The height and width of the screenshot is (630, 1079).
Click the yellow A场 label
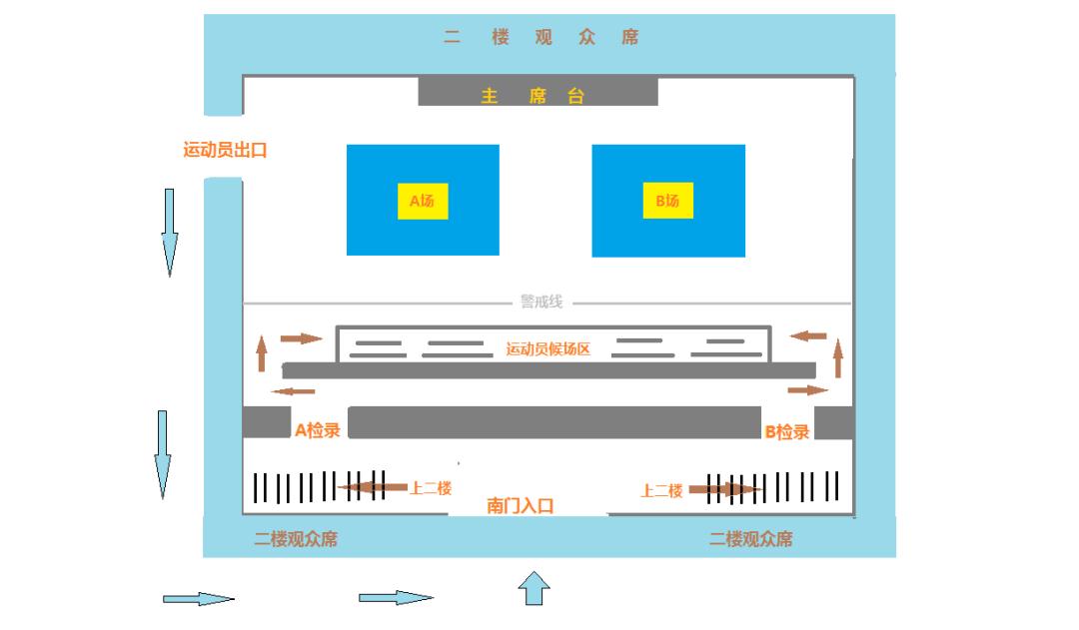(422, 201)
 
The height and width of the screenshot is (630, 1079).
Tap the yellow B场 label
(667, 201)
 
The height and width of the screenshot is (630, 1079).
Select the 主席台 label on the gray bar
(533, 97)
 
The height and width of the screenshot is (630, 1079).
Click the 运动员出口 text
(225, 151)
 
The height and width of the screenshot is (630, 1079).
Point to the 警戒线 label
(541, 302)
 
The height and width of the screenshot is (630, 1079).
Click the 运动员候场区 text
(548, 348)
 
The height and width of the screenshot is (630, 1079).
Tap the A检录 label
(318, 430)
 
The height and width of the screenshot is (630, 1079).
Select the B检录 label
(786, 431)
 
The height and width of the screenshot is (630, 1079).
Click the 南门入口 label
(520, 505)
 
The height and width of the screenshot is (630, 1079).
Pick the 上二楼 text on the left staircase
(431, 488)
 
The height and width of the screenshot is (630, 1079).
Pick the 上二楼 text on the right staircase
(661, 490)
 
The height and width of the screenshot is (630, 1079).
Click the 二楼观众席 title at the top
(540, 38)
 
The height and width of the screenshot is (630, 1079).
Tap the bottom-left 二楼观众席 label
(296, 539)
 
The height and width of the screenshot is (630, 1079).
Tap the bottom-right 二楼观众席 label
(750, 539)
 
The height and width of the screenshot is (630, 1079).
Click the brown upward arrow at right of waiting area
(837, 356)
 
